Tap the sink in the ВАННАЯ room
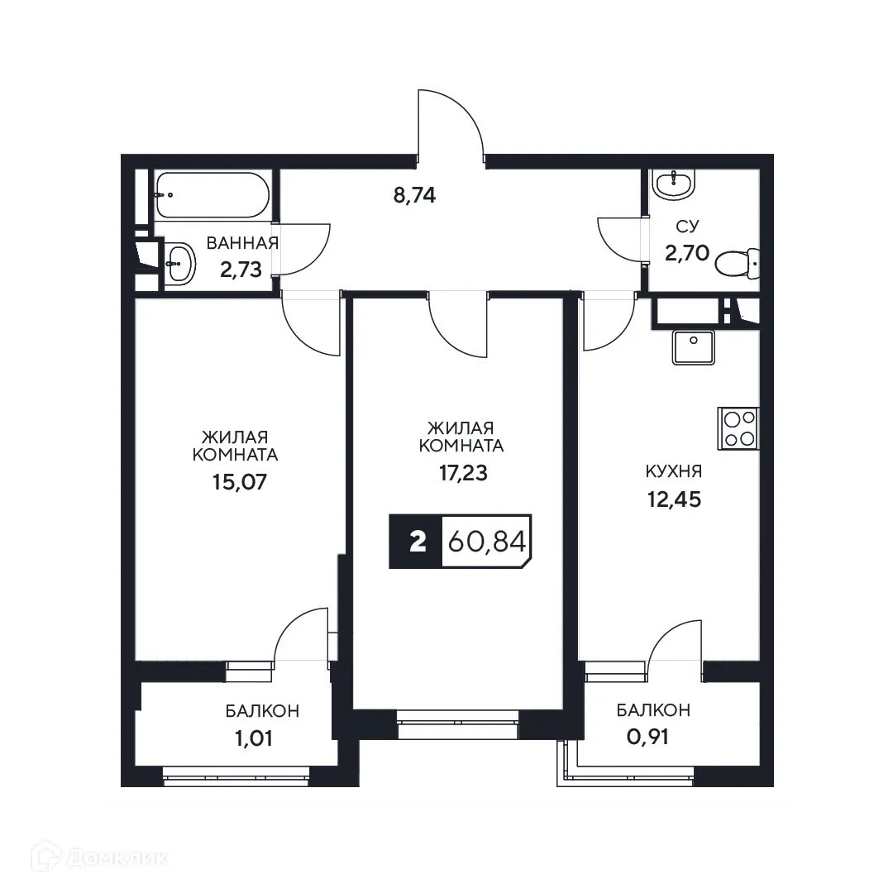[x=178, y=265]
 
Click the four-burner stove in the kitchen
[x=738, y=428]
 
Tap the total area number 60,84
[x=486, y=542]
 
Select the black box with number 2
[x=417, y=542]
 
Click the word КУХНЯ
[x=674, y=472]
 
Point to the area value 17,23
[x=461, y=473]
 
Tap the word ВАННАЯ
[x=241, y=243]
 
